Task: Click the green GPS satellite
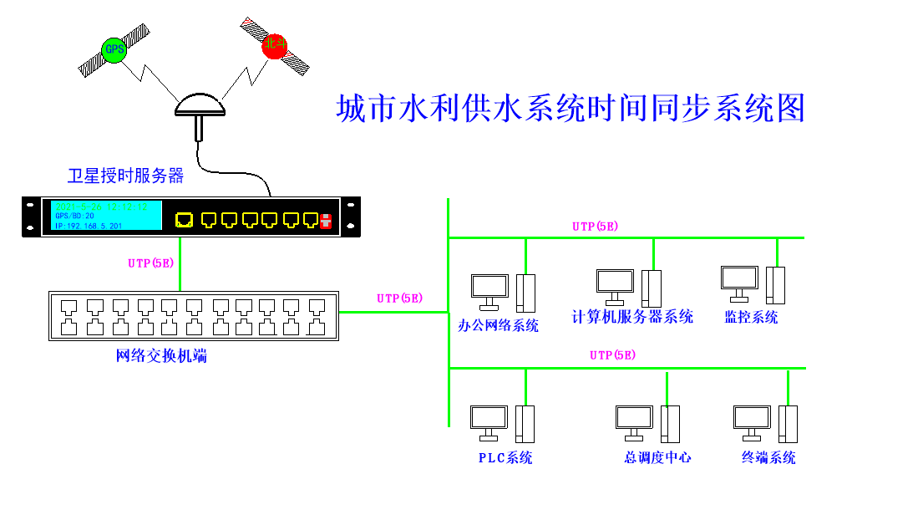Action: (114, 49)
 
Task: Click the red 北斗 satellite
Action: (274, 45)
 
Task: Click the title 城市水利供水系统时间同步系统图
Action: (570, 109)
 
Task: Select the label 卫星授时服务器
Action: (125, 176)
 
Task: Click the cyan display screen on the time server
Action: (106, 217)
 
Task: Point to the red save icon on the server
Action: (327, 221)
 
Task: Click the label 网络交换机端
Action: (161, 356)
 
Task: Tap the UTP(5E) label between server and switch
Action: (150, 263)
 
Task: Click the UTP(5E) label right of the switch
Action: (399, 298)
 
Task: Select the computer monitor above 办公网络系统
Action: (489, 287)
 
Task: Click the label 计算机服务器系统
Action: (632, 317)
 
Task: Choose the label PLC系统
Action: (505, 457)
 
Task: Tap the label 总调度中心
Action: (657, 457)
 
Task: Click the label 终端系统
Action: (768, 457)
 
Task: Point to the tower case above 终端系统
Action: (788, 424)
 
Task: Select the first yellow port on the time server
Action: (184, 220)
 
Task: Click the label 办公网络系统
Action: (499, 325)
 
